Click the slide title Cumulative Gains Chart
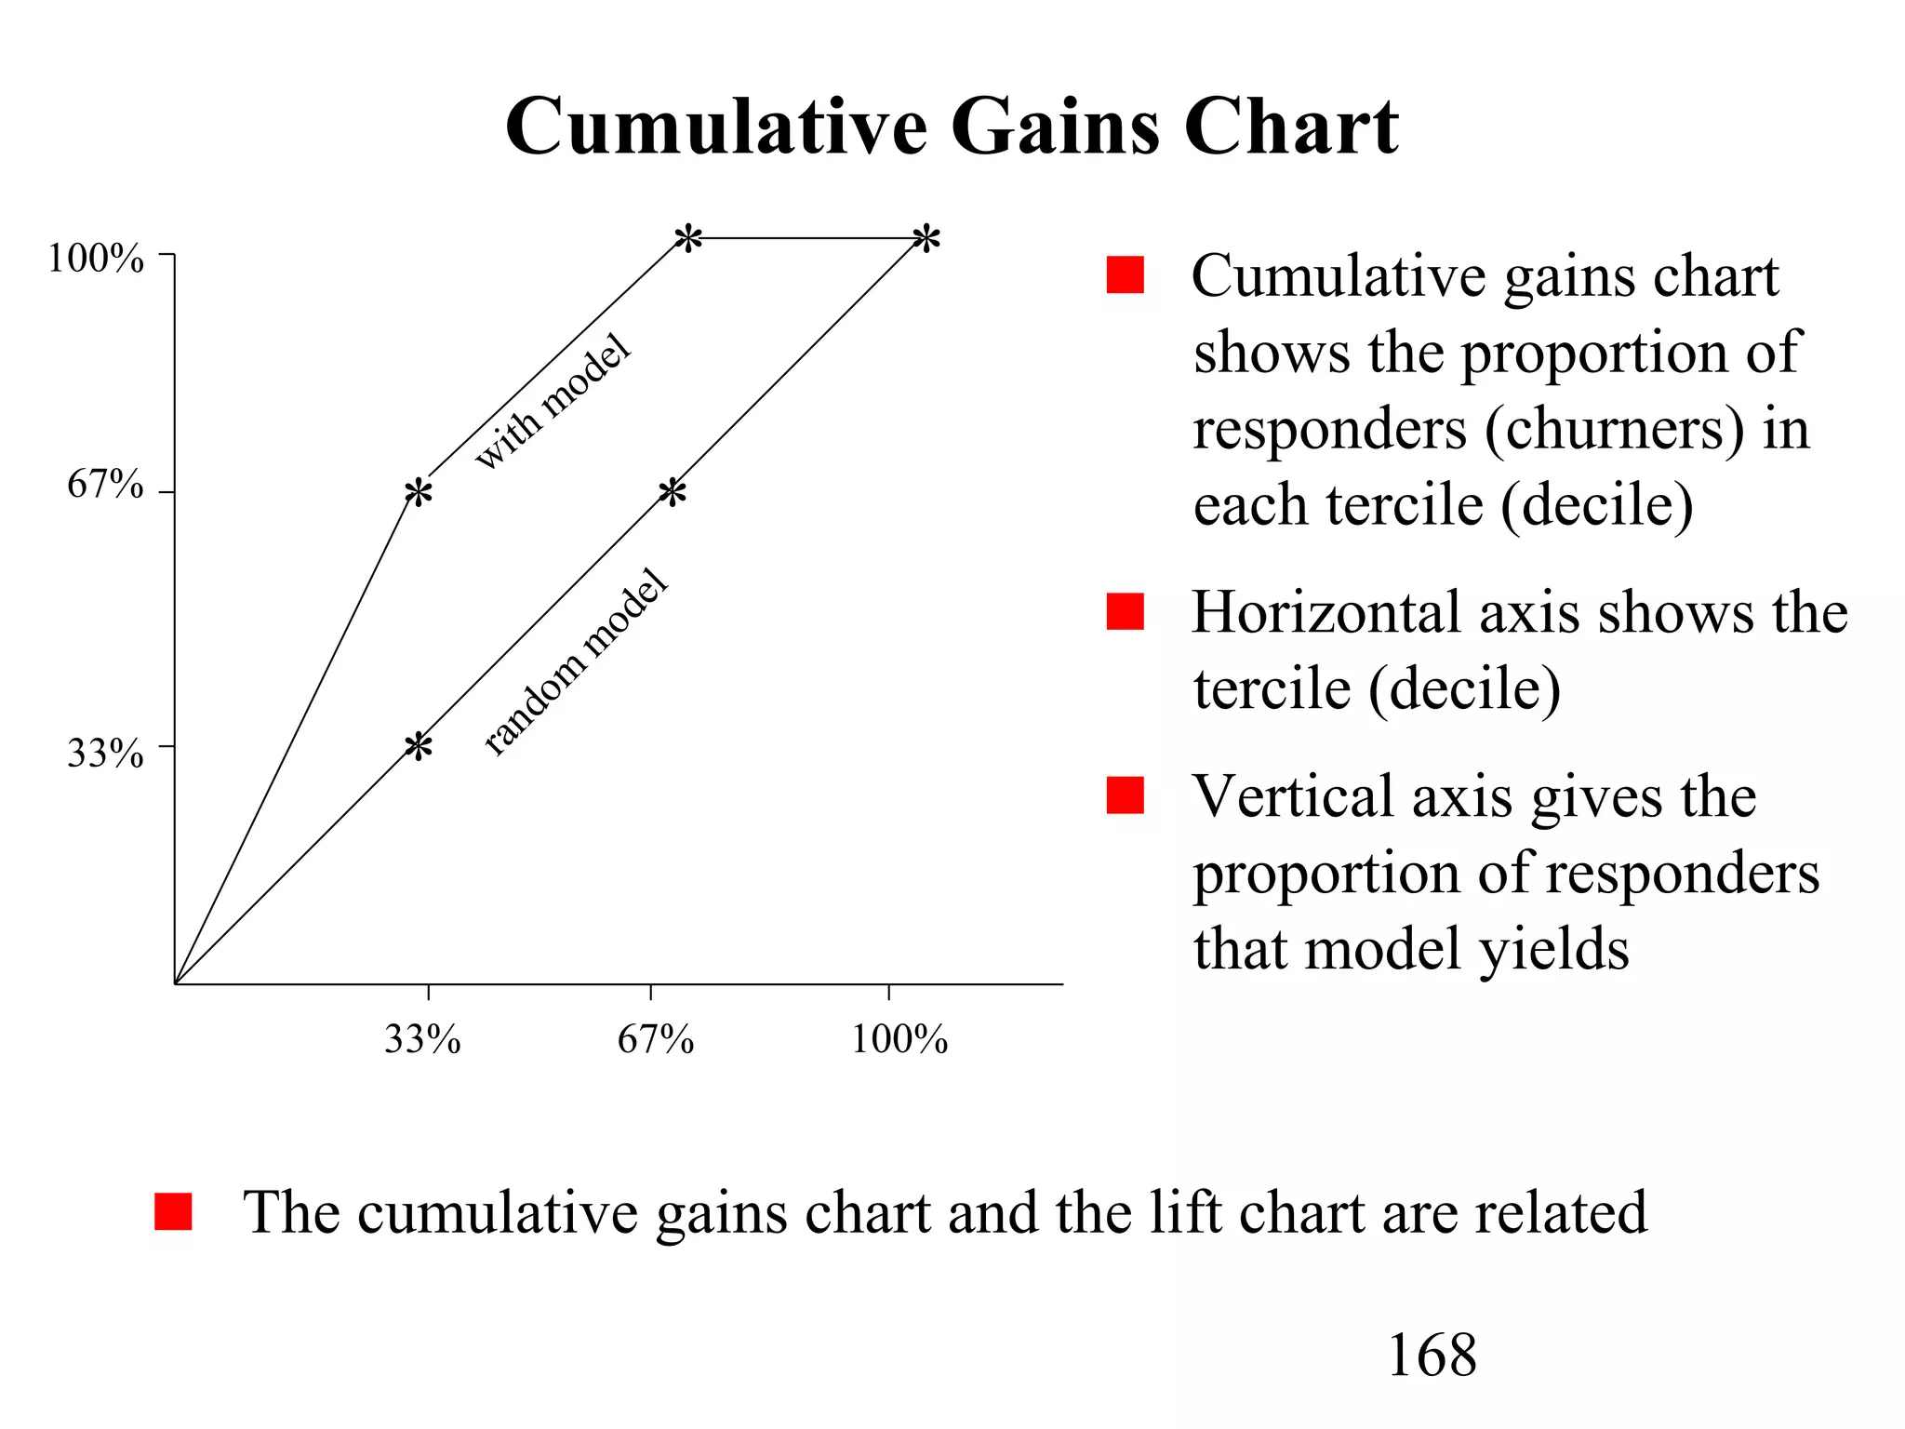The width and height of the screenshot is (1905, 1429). point(951,127)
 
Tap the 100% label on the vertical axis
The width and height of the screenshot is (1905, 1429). point(96,259)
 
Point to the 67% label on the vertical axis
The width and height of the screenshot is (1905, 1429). point(105,485)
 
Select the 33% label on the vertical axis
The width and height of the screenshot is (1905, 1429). point(105,753)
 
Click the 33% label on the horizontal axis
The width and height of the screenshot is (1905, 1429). point(422,1039)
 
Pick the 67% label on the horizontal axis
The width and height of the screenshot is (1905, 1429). point(655,1039)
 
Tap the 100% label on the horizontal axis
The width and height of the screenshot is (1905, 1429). point(899,1039)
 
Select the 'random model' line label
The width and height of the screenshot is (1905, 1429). point(576,661)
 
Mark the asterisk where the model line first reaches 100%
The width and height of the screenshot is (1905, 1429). point(688,238)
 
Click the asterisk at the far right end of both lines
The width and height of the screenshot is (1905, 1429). point(926,238)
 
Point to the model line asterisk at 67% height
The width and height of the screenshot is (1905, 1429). point(419,492)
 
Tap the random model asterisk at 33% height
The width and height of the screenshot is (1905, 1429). point(419,745)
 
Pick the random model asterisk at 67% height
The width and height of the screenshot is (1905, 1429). point(673,492)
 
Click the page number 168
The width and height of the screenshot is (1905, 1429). point(1431,1356)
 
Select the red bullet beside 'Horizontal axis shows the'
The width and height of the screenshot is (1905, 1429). point(1125,611)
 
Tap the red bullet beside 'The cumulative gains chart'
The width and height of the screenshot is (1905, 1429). point(173,1211)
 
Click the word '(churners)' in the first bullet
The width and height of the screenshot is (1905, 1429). point(1614,430)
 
